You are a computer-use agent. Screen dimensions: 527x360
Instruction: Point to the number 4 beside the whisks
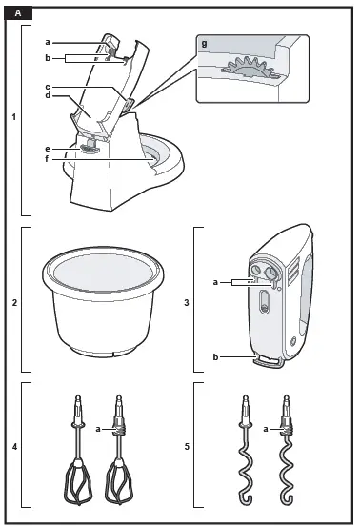tap(13, 445)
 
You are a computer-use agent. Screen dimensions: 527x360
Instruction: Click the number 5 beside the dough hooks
tap(188, 445)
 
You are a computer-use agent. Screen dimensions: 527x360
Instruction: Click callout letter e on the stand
tap(47, 148)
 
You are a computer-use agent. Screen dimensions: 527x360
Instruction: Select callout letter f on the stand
tap(47, 159)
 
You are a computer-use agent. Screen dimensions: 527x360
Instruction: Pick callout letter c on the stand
tap(47, 88)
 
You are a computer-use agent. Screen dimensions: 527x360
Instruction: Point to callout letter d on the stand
tap(47, 96)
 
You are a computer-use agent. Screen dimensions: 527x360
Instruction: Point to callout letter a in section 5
tap(267, 431)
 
